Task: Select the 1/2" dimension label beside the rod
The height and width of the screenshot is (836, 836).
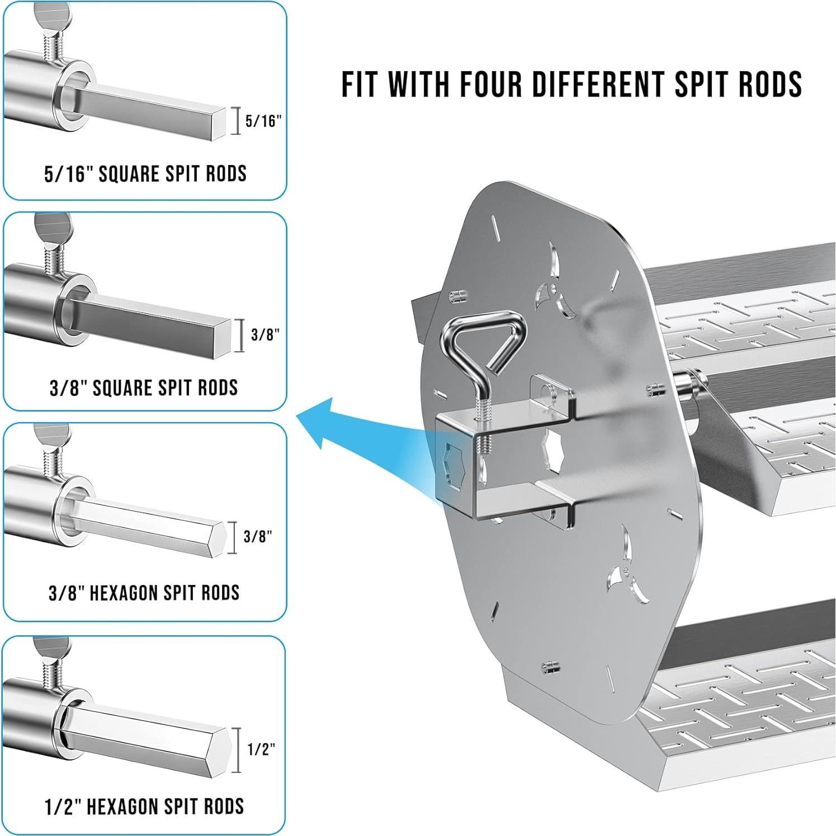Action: [x=261, y=749]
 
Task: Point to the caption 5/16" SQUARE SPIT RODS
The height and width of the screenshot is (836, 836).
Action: [x=145, y=173]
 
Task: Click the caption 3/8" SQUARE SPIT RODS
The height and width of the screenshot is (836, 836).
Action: [x=144, y=387]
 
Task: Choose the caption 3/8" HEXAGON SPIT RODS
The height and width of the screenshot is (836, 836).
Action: [x=144, y=592]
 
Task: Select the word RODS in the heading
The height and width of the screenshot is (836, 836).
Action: [x=775, y=84]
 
